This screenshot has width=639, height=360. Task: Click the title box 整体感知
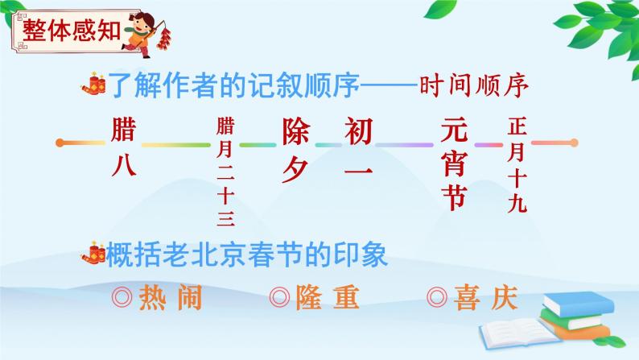coord(68,31)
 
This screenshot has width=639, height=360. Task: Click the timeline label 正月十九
coord(517,165)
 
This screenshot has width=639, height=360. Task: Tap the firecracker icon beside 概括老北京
coord(95,254)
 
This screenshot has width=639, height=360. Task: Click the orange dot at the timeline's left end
coord(61,144)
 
